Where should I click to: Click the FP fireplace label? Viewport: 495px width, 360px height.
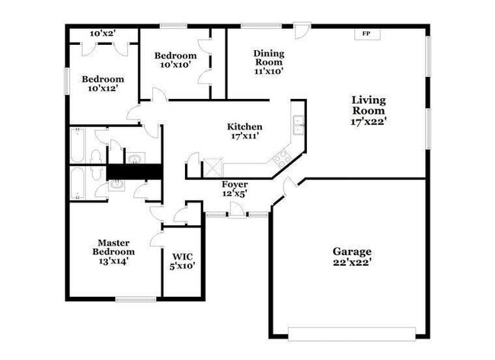point(366,34)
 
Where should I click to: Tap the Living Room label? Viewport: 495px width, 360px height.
point(369,110)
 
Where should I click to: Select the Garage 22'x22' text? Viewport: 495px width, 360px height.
point(352,256)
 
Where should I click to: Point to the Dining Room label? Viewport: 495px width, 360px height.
point(269,62)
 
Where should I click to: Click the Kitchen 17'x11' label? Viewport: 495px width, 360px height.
point(244,131)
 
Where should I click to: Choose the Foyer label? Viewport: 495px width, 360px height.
point(235,189)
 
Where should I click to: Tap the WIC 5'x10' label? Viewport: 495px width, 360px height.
point(184,261)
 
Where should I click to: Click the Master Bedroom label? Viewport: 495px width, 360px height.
point(113,251)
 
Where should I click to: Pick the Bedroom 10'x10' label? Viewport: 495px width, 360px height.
point(175,60)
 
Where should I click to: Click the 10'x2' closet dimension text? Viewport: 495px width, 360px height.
point(101,33)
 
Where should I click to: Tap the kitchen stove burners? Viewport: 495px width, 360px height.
point(282,158)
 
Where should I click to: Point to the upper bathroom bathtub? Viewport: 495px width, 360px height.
point(78,145)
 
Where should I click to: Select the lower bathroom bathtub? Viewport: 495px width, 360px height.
point(78,183)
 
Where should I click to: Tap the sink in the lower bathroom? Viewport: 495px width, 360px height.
point(117,183)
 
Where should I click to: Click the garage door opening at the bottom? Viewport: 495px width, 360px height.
point(351,333)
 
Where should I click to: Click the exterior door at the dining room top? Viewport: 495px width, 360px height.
point(302,30)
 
